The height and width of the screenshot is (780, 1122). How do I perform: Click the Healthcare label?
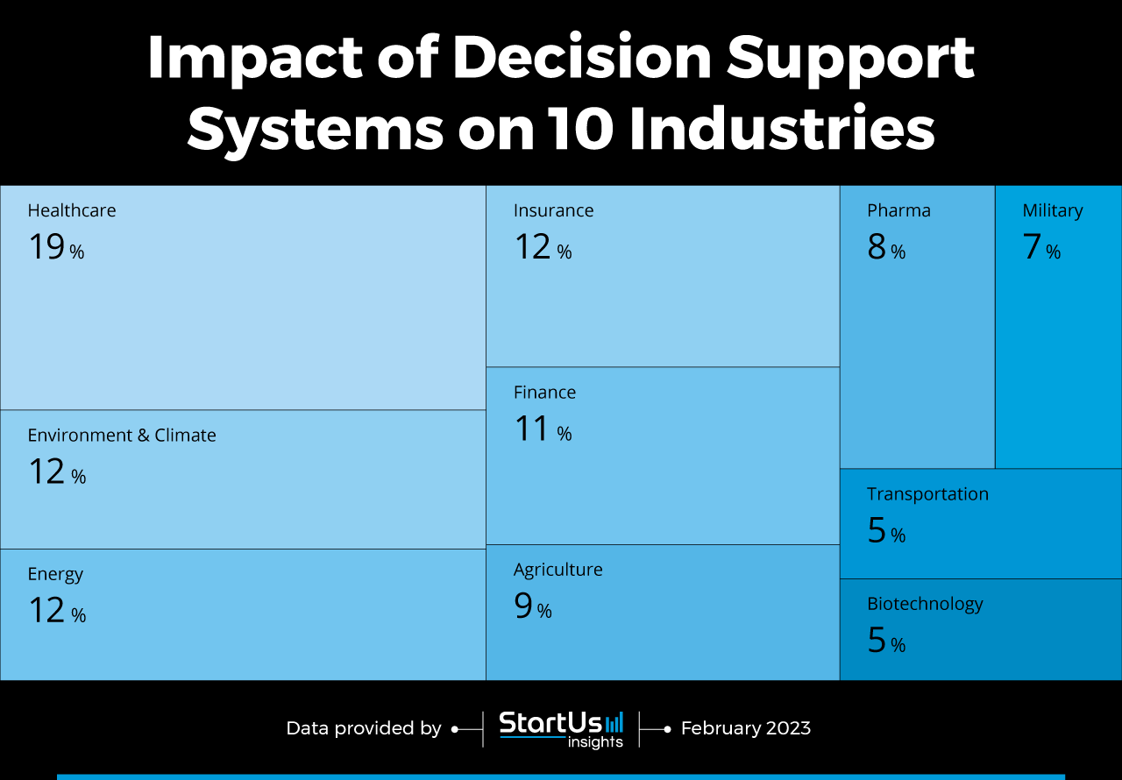72,210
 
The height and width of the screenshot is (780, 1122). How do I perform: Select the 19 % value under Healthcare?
56,248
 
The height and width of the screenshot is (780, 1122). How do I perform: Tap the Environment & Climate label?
122,436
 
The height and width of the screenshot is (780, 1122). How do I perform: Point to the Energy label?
55,574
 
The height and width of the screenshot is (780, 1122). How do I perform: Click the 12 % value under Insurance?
542,248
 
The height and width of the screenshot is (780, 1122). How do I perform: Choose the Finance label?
544,393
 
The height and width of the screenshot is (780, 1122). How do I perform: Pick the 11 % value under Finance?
542,429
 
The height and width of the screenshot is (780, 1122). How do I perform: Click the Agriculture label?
557,570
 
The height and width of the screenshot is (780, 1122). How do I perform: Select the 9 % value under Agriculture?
532,606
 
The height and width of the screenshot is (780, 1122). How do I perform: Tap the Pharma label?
898,210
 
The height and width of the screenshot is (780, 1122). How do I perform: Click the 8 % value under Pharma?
886,248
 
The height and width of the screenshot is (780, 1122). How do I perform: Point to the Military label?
1052,210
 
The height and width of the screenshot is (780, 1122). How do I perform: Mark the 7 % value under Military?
1041,248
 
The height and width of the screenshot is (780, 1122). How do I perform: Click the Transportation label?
927,494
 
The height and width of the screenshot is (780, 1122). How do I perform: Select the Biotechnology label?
925,604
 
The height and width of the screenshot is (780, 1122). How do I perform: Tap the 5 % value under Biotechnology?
886,642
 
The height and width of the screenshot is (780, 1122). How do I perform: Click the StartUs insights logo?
561,729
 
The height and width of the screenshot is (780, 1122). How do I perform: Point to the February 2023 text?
745,728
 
